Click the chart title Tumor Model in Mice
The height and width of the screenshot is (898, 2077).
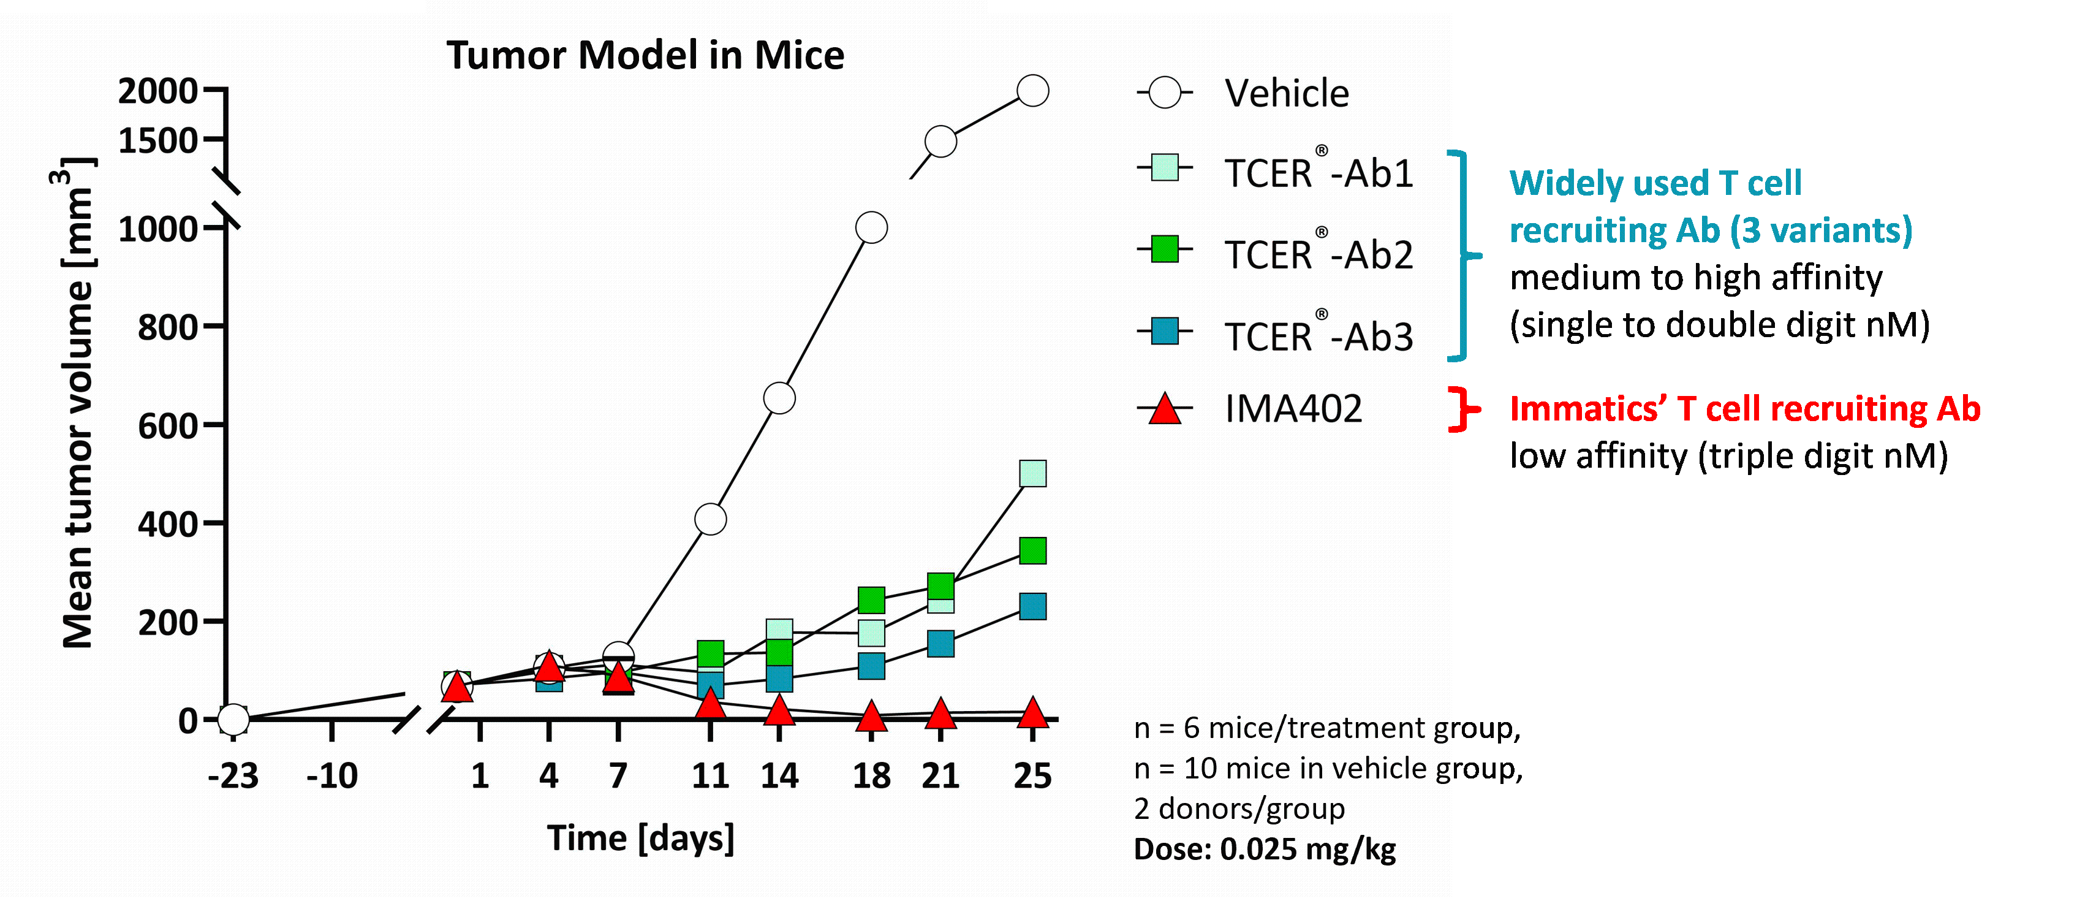coord(645,56)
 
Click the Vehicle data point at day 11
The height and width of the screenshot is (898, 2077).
coord(710,520)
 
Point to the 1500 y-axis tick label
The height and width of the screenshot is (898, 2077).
coord(158,141)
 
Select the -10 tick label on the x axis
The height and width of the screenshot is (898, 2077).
coord(332,776)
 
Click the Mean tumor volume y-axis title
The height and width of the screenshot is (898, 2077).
coord(78,403)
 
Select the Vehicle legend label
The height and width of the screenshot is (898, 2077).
coord(1287,94)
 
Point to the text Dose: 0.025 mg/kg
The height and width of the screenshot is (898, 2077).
coord(1264,849)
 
